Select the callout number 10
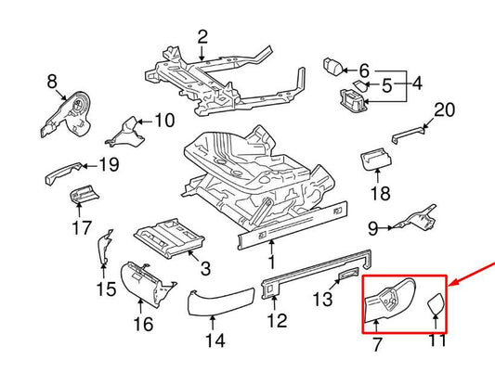(163, 120)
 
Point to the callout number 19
(109, 166)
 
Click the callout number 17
(82, 227)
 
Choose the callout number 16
(143, 324)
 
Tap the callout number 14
(215, 340)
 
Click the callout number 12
(277, 321)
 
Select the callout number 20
(445, 109)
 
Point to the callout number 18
(381, 194)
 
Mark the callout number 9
(371, 227)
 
